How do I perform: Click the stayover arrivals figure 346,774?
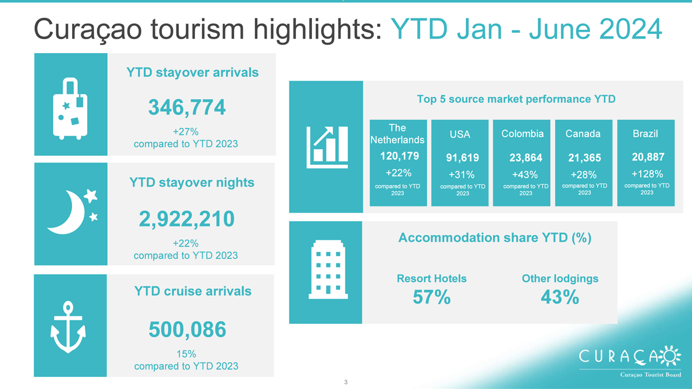pos(187,107)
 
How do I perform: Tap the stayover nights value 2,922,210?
pos(187,219)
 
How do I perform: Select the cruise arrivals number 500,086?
pos(187,330)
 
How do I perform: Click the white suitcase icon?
pos(70,109)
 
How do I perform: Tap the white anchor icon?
pos(68,327)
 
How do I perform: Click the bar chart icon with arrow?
pos(327,148)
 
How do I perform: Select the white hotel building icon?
pos(328,270)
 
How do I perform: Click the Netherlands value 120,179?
pos(399,156)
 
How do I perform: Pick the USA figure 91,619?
pos(462,158)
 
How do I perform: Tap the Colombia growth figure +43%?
pos(525,175)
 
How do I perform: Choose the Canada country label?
pos(583,134)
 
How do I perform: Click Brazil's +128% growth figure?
pos(647,174)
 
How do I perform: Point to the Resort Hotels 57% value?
pos(431,297)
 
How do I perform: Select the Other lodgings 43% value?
pos(560,297)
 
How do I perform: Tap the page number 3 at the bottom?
pos(345,382)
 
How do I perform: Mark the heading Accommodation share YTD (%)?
pos(495,237)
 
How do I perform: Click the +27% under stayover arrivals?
pos(186,132)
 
